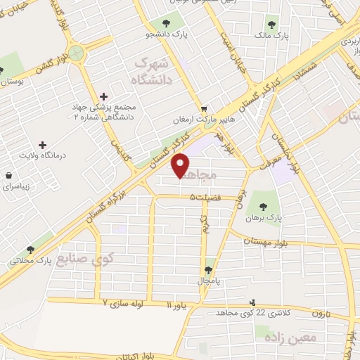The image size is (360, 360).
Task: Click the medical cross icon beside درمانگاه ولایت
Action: [x=42, y=144]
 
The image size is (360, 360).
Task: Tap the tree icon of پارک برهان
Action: [x=264, y=207]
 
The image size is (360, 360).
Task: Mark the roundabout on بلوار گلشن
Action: [x=77, y=53]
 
